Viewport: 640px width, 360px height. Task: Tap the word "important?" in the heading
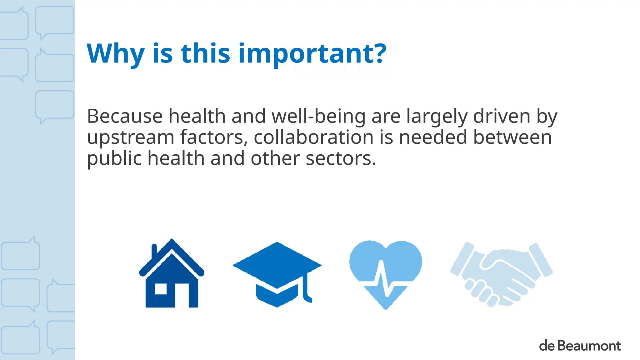click(312, 54)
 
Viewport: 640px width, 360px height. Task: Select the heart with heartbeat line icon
click(386, 272)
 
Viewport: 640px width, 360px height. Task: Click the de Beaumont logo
click(580, 346)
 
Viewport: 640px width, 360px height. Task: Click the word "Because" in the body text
click(124, 116)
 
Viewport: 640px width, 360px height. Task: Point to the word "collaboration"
click(313, 137)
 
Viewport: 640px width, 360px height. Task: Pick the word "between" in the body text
click(512, 137)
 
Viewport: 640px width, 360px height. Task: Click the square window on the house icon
click(161, 289)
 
